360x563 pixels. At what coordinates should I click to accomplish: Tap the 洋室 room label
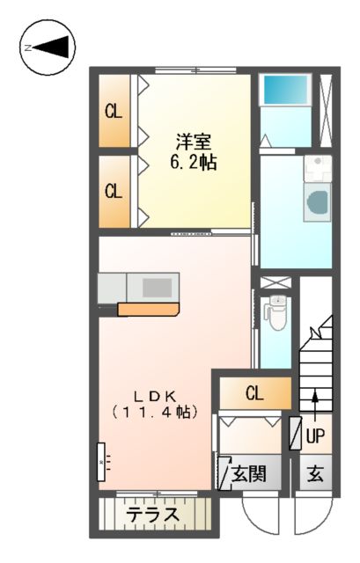(x=193, y=141)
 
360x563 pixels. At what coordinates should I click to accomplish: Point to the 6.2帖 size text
(x=193, y=163)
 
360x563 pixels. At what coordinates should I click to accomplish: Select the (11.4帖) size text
(x=154, y=412)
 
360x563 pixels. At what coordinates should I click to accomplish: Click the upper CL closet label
(x=113, y=112)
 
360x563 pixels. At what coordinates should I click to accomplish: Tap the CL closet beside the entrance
(x=253, y=393)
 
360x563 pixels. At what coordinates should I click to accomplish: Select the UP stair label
(x=315, y=434)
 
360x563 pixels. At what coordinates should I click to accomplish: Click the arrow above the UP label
(x=314, y=400)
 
